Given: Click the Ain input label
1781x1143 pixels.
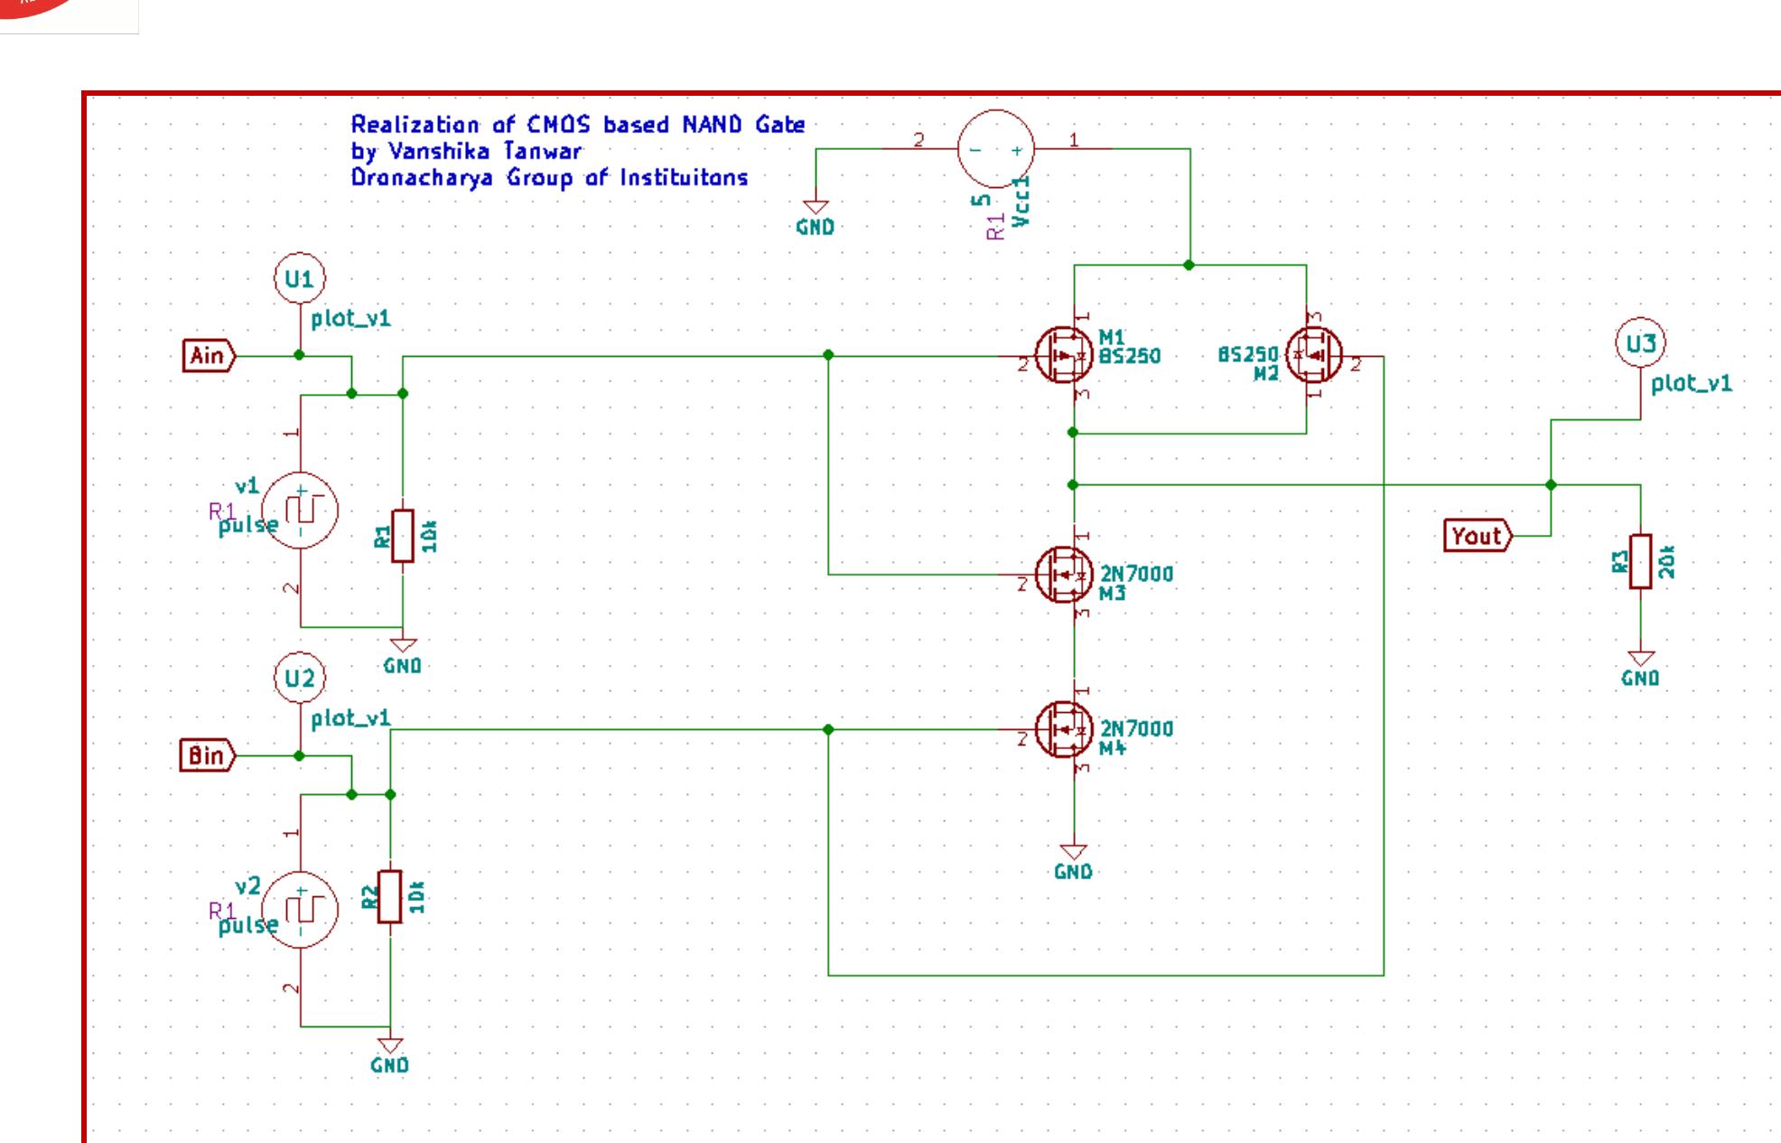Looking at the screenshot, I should coord(208,356).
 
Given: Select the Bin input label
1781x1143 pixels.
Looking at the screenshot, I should coord(207,755).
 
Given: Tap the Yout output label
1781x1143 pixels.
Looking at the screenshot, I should coord(1477,537).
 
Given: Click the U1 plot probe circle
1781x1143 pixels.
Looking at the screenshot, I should coord(299,279).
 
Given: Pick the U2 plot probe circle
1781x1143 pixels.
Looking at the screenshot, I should coord(299,678).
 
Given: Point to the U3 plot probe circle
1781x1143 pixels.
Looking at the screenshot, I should coord(1640,344).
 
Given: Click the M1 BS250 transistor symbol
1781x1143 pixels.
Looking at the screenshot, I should coord(1063,356).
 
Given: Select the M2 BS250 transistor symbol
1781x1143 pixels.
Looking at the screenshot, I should coord(1313,356).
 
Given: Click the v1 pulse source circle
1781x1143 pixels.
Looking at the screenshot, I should coord(299,511).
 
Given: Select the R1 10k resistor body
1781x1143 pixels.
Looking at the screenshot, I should coord(403,536).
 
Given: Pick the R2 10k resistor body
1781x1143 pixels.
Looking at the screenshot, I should coord(390,896).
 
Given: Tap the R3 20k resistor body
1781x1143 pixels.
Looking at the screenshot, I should coord(1640,561).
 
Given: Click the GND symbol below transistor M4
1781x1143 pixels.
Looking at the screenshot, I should coord(1073,854).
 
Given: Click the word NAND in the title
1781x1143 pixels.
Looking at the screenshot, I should coord(713,125).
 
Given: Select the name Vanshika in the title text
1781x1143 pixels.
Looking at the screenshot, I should coord(426,151).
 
